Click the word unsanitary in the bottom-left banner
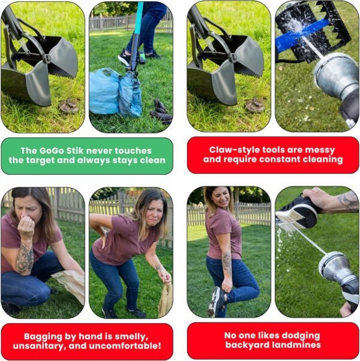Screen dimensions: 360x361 click(39, 346)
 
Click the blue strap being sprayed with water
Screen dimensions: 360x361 click(299, 34)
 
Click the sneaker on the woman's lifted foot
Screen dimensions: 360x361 click(216, 302)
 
